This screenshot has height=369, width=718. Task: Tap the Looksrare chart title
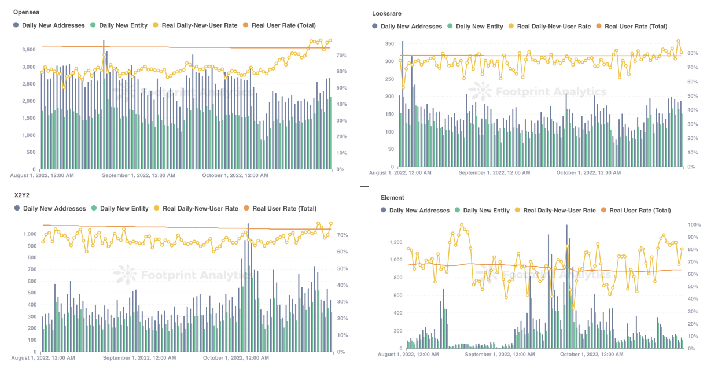387,13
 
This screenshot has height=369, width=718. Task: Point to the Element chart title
392,198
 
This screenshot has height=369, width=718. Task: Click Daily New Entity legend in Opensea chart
123,25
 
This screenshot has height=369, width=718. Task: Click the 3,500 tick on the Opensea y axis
27,50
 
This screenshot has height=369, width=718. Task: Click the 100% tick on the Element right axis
694,224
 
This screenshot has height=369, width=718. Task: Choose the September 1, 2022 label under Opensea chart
136,175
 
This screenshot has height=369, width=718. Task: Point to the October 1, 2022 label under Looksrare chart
588,172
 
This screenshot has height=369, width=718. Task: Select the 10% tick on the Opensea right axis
341,153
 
